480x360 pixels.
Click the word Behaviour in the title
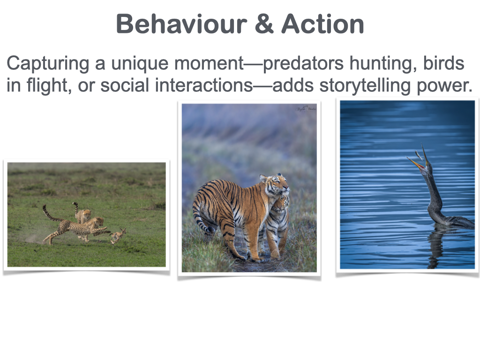pyautogui.click(x=181, y=24)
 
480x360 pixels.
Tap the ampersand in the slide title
pyautogui.click(x=264, y=24)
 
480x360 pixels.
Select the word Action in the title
pyautogui.click(x=322, y=24)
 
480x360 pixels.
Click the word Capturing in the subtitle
pyautogui.click(x=48, y=64)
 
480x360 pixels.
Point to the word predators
pyautogui.click(x=303, y=64)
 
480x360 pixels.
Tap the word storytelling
pyautogui.click(x=365, y=86)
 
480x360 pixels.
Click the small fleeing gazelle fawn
pyautogui.click(x=118, y=236)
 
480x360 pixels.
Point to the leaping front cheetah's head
pyautogui.click(x=99, y=221)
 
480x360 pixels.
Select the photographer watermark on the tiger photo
pyautogui.click(x=306, y=109)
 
